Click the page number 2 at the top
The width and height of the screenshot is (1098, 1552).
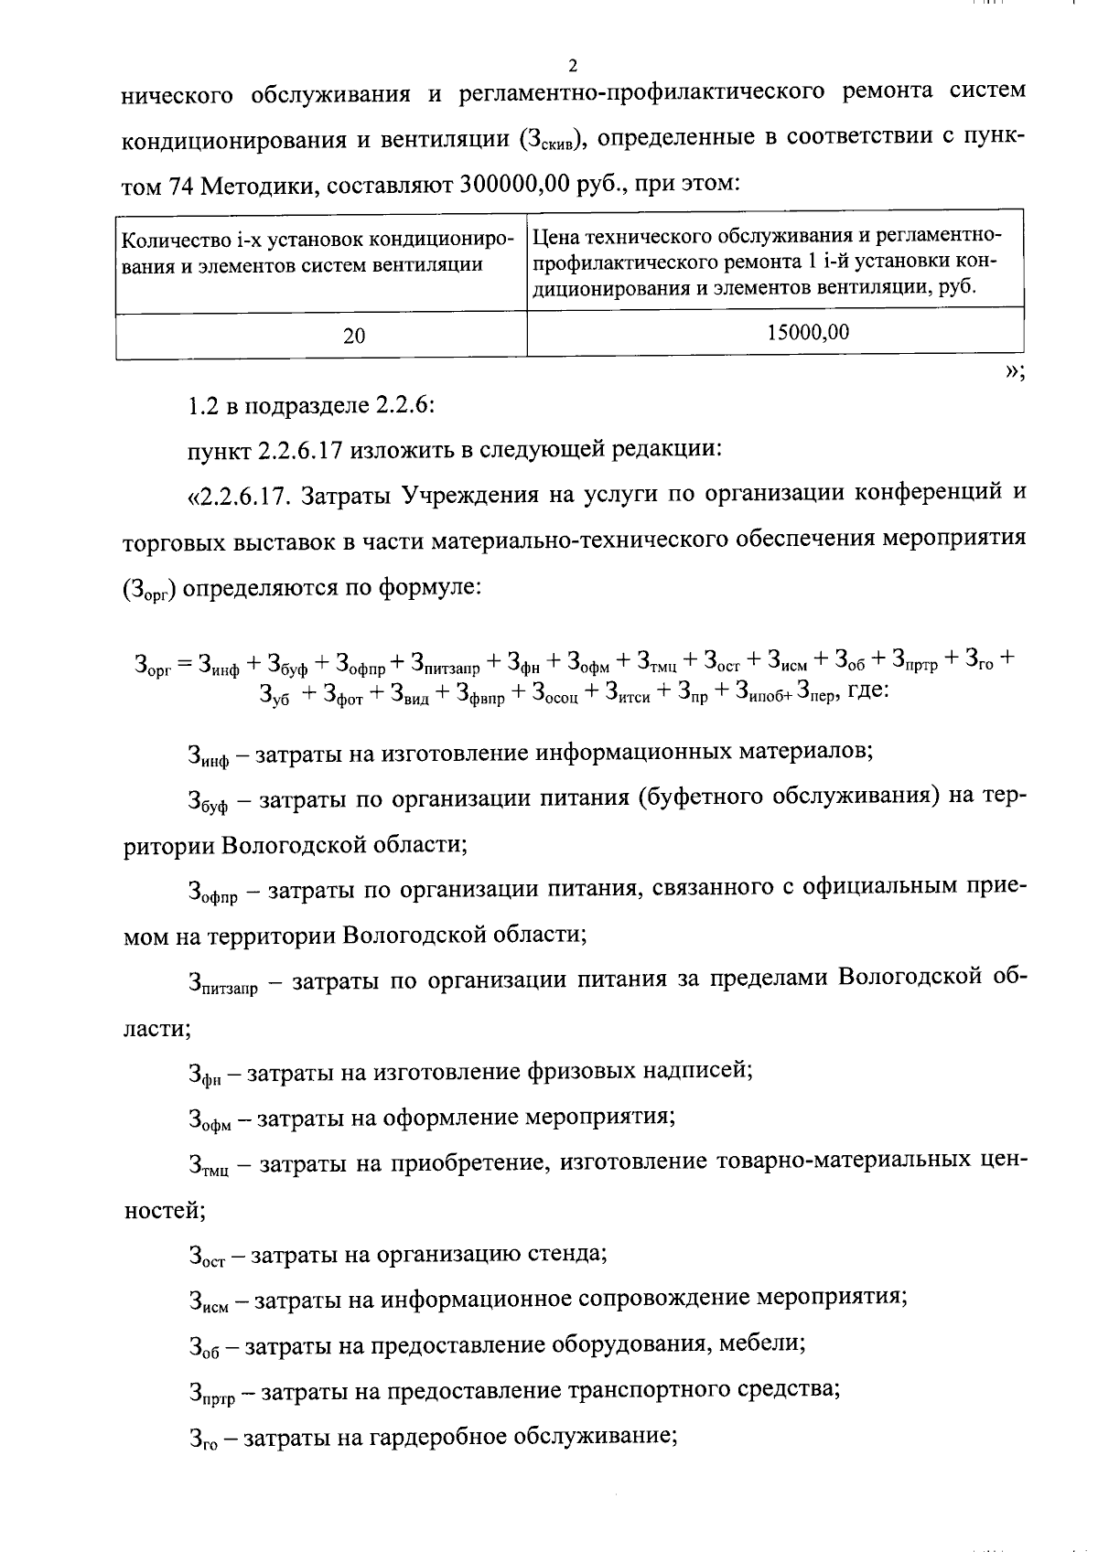pos(573,66)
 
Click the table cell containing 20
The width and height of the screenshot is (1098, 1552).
pos(354,336)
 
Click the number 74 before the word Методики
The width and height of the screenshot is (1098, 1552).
pos(179,185)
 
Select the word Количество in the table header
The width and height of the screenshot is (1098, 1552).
pos(173,241)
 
